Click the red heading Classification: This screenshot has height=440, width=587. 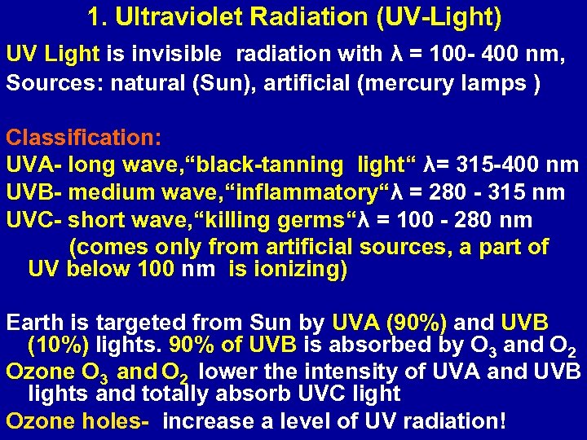click(84, 137)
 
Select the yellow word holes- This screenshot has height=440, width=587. click(116, 421)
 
